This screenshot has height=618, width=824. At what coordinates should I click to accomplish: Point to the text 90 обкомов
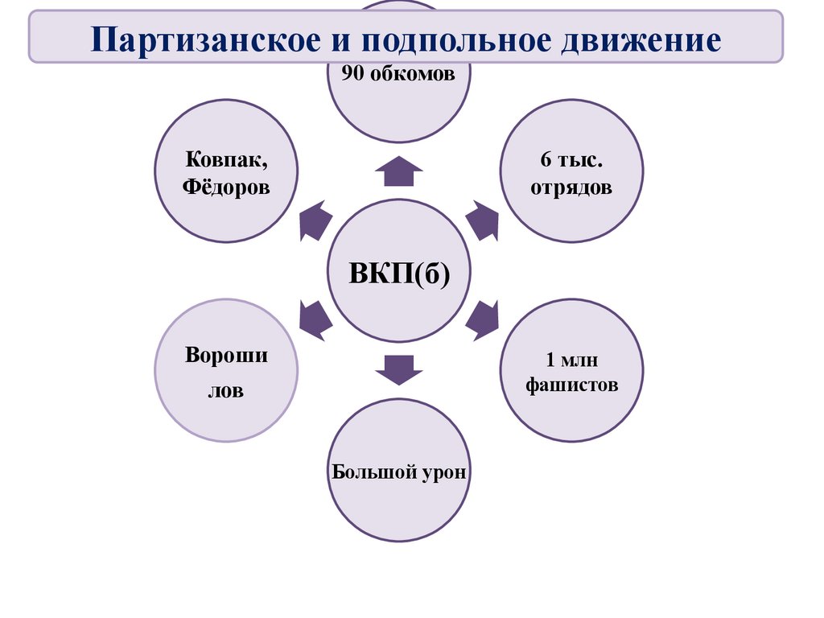pos(398,75)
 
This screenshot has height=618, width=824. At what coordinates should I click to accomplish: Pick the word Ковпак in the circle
pos(225,160)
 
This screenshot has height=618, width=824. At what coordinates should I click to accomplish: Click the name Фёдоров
pos(225,187)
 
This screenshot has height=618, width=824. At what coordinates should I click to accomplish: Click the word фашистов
pos(571,385)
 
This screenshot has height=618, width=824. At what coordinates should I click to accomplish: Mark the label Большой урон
pos(398,471)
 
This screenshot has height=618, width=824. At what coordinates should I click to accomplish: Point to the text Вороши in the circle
pos(226,356)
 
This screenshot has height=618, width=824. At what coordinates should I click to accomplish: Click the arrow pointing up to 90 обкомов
pos(398,171)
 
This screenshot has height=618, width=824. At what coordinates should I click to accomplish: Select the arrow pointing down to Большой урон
pos(398,369)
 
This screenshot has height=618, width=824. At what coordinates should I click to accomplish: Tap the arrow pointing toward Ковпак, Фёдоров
pos(315,220)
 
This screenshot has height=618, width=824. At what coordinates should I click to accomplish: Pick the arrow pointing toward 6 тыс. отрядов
pos(482,220)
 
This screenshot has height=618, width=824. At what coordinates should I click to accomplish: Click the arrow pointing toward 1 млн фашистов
pos(483,319)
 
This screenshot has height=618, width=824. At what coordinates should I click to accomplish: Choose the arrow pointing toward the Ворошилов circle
pos(315,319)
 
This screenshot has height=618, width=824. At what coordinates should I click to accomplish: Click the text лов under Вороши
pos(225,392)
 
